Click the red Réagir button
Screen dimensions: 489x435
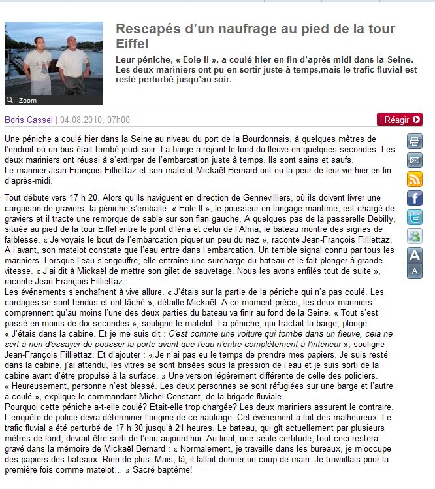pyautogui.click(x=400, y=120)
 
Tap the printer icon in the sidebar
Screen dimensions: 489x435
pyautogui.click(x=415, y=141)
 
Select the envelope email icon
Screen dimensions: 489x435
pyautogui.click(x=415, y=160)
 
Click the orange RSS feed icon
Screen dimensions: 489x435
pyautogui.click(x=415, y=179)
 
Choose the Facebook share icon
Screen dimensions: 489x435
pyautogui.click(x=415, y=198)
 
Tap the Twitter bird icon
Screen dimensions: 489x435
pyautogui.click(x=415, y=217)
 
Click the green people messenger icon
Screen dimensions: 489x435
pyautogui.click(x=415, y=236)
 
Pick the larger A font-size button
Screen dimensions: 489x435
pyautogui.click(x=415, y=255)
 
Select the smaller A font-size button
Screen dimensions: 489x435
pyautogui.click(x=415, y=271)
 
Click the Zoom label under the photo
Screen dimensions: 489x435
pyautogui.click(x=27, y=100)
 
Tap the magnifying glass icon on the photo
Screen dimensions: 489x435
pyautogui.click(x=10, y=100)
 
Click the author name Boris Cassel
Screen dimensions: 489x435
pyautogui.click(x=29, y=120)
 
